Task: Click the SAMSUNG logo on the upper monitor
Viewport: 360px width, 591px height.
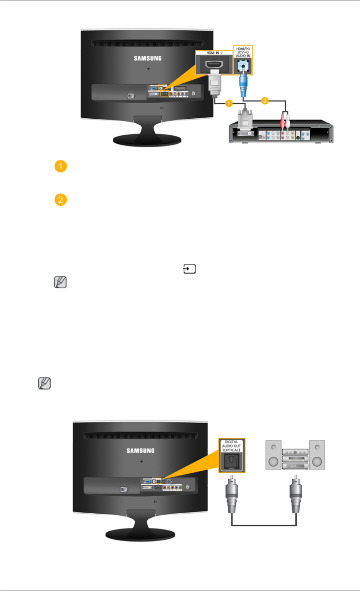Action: [x=147, y=58]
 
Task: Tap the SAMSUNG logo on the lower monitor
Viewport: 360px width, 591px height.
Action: [x=141, y=451]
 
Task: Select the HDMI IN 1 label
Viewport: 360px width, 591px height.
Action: [x=214, y=53]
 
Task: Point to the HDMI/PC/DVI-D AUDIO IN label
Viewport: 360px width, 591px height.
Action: [x=243, y=52]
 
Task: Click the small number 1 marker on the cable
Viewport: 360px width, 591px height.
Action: [x=229, y=103]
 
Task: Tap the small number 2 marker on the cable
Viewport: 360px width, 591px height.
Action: [x=264, y=101]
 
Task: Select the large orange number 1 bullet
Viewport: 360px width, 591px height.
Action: [x=60, y=166]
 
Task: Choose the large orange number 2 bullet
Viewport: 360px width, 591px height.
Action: [x=60, y=199]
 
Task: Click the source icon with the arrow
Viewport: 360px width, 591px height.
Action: [x=189, y=270]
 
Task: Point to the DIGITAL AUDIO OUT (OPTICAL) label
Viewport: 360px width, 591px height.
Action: [x=231, y=446]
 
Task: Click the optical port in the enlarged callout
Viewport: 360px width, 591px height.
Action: [x=232, y=462]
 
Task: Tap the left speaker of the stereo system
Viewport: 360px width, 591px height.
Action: [x=273, y=454]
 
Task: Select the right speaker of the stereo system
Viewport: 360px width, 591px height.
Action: [x=317, y=454]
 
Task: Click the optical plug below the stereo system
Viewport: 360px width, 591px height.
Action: [x=296, y=493]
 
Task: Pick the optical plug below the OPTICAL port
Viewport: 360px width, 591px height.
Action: [x=232, y=493]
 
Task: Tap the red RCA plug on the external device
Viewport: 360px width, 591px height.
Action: [x=282, y=121]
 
